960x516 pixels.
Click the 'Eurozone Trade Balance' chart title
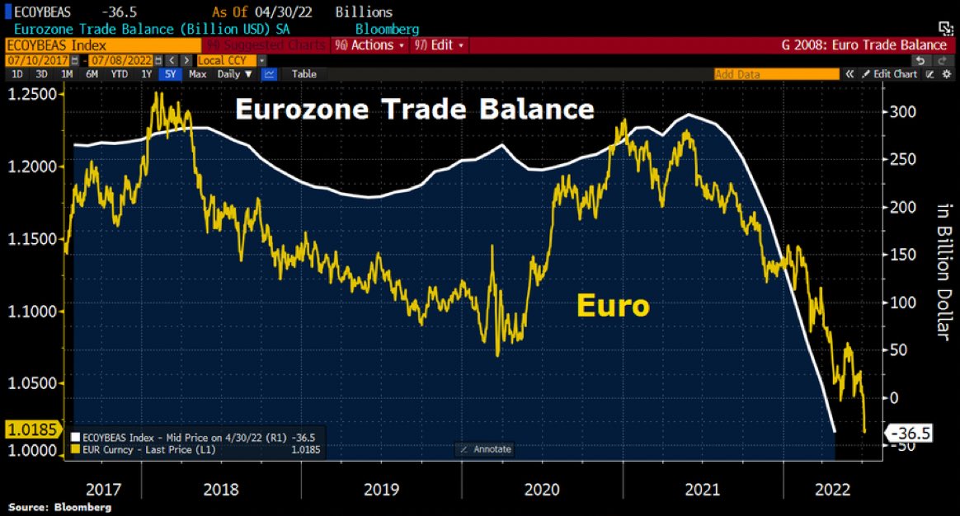pos(414,110)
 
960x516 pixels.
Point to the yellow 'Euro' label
pos(613,307)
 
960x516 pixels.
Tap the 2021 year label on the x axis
pos(702,489)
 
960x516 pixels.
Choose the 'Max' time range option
pos(197,74)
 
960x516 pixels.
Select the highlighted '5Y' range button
pos(170,74)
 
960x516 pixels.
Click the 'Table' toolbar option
pos(304,74)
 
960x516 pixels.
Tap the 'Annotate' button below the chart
pos(485,449)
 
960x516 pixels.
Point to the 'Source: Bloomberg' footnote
pos(59,507)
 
